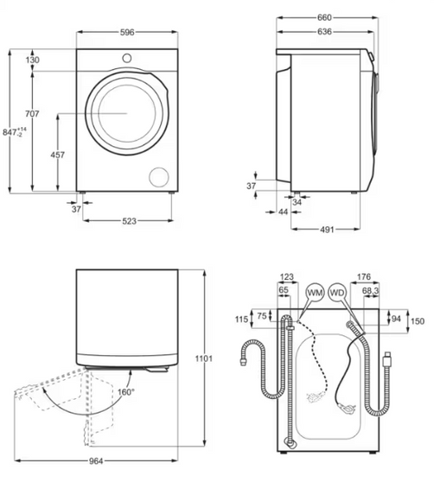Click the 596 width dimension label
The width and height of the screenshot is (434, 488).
[127, 32]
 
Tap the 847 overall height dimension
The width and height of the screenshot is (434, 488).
[15, 131]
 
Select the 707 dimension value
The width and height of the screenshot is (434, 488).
[32, 114]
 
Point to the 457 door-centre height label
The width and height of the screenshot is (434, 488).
[58, 155]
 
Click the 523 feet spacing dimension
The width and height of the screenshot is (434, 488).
[129, 221]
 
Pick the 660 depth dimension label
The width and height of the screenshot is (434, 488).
[324, 18]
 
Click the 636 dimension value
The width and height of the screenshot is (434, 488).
[324, 31]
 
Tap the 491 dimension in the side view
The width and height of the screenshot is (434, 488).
[327, 230]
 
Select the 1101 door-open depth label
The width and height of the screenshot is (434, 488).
[204, 358]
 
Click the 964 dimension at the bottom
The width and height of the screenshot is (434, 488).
[96, 461]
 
